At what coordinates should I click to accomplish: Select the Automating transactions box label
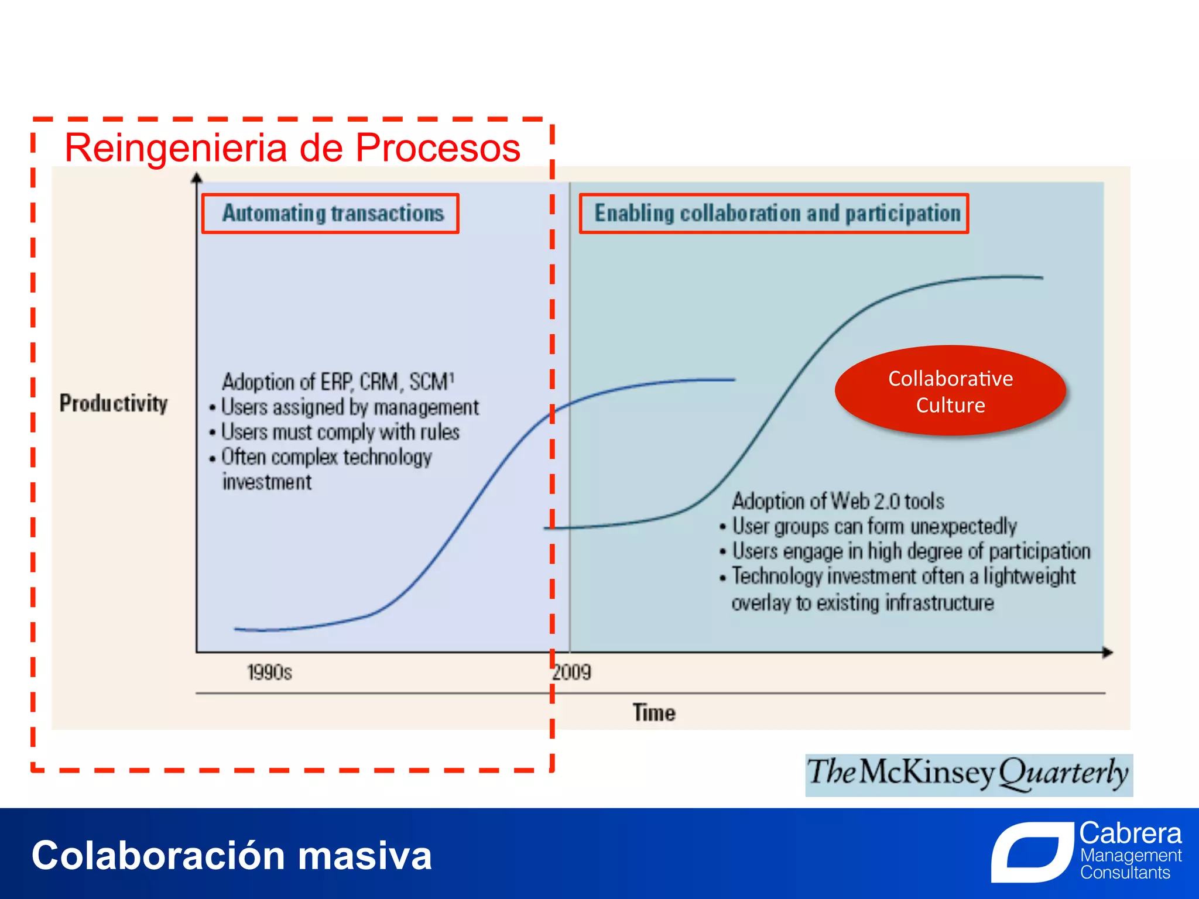pyautogui.click(x=332, y=213)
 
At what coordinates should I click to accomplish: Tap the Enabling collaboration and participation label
pyautogui.click(x=776, y=213)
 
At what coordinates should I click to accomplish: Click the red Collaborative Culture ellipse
pyautogui.click(x=950, y=391)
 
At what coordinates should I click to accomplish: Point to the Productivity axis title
pyautogui.click(x=114, y=403)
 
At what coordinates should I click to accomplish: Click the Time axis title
pyautogui.click(x=653, y=712)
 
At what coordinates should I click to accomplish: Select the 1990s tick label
pyautogui.click(x=269, y=672)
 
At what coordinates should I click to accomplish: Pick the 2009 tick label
pyautogui.click(x=572, y=672)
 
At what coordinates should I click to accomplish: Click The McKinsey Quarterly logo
pyautogui.click(x=968, y=774)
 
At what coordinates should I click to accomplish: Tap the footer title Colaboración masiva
pyautogui.click(x=231, y=855)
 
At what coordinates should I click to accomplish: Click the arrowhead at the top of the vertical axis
pyautogui.click(x=197, y=177)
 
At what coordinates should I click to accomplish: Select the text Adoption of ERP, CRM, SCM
pyautogui.click(x=338, y=382)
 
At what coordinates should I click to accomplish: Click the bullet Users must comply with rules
pyautogui.click(x=340, y=432)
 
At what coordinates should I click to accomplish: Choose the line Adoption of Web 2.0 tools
pyautogui.click(x=838, y=501)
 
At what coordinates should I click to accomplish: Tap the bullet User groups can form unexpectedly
pyautogui.click(x=873, y=526)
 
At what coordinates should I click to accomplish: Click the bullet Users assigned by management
pyautogui.click(x=349, y=407)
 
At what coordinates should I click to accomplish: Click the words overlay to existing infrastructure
pyautogui.click(x=862, y=602)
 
